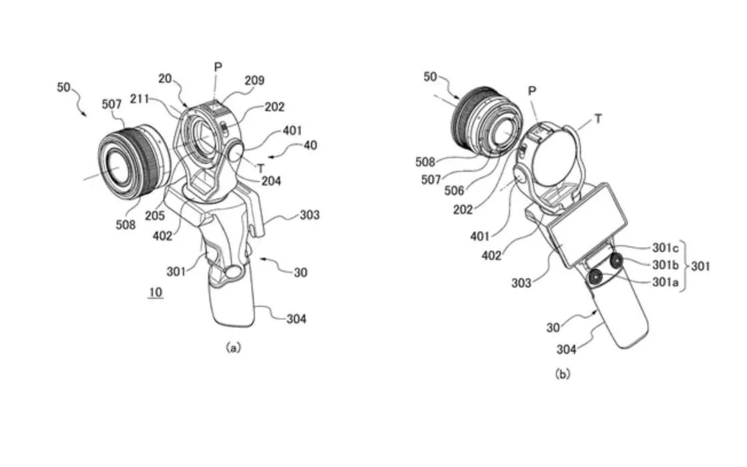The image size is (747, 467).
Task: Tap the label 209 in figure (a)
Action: click(254, 81)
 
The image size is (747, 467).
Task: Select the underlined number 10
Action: click(155, 293)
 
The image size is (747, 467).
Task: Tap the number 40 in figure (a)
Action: click(311, 145)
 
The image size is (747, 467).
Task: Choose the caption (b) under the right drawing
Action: click(563, 375)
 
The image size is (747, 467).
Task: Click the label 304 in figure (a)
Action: click(292, 319)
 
